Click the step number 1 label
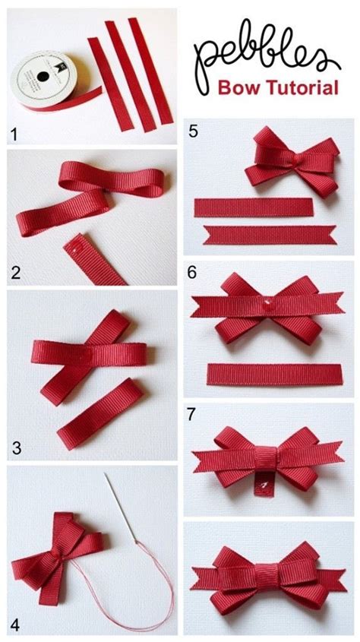tap(13, 137)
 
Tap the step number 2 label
tap(14, 271)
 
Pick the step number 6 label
tap(193, 272)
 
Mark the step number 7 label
tap(193, 416)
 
